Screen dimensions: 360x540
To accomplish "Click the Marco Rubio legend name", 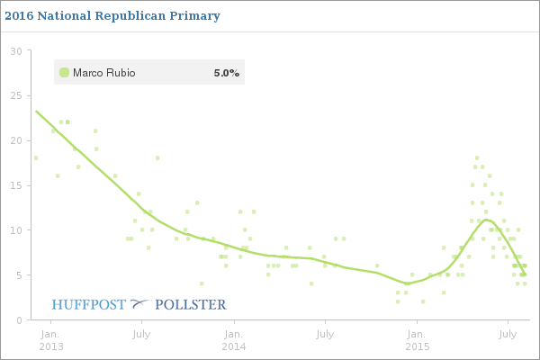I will [x=103, y=72].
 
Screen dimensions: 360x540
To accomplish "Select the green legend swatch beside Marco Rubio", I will [x=64, y=72].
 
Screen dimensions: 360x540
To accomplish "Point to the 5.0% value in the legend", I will [x=226, y=72].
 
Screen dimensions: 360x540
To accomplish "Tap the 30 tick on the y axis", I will [x=15, y=50].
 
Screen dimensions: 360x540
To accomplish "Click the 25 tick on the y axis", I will [x=15, y=95].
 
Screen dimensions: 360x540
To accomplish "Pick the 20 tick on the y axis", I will [x=15, y=140].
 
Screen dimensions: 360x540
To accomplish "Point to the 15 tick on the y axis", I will [x=15, y=185].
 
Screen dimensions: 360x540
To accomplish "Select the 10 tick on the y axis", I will [x=15, y=230].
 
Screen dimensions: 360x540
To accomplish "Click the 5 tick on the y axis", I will [x=18, y=275].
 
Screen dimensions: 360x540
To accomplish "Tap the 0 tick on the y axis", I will [x=18, y=320].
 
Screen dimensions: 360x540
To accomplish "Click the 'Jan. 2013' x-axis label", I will [x=50, y=340].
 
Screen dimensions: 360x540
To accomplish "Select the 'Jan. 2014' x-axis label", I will [x=233, y=340].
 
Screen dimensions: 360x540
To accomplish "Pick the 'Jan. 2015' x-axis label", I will [x=417, y=340].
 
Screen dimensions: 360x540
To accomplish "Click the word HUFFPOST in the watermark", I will [x=89, y=304].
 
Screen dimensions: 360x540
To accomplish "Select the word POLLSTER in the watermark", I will [x=191, y=304].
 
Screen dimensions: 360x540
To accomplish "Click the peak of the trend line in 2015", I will [x=487, y=220].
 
